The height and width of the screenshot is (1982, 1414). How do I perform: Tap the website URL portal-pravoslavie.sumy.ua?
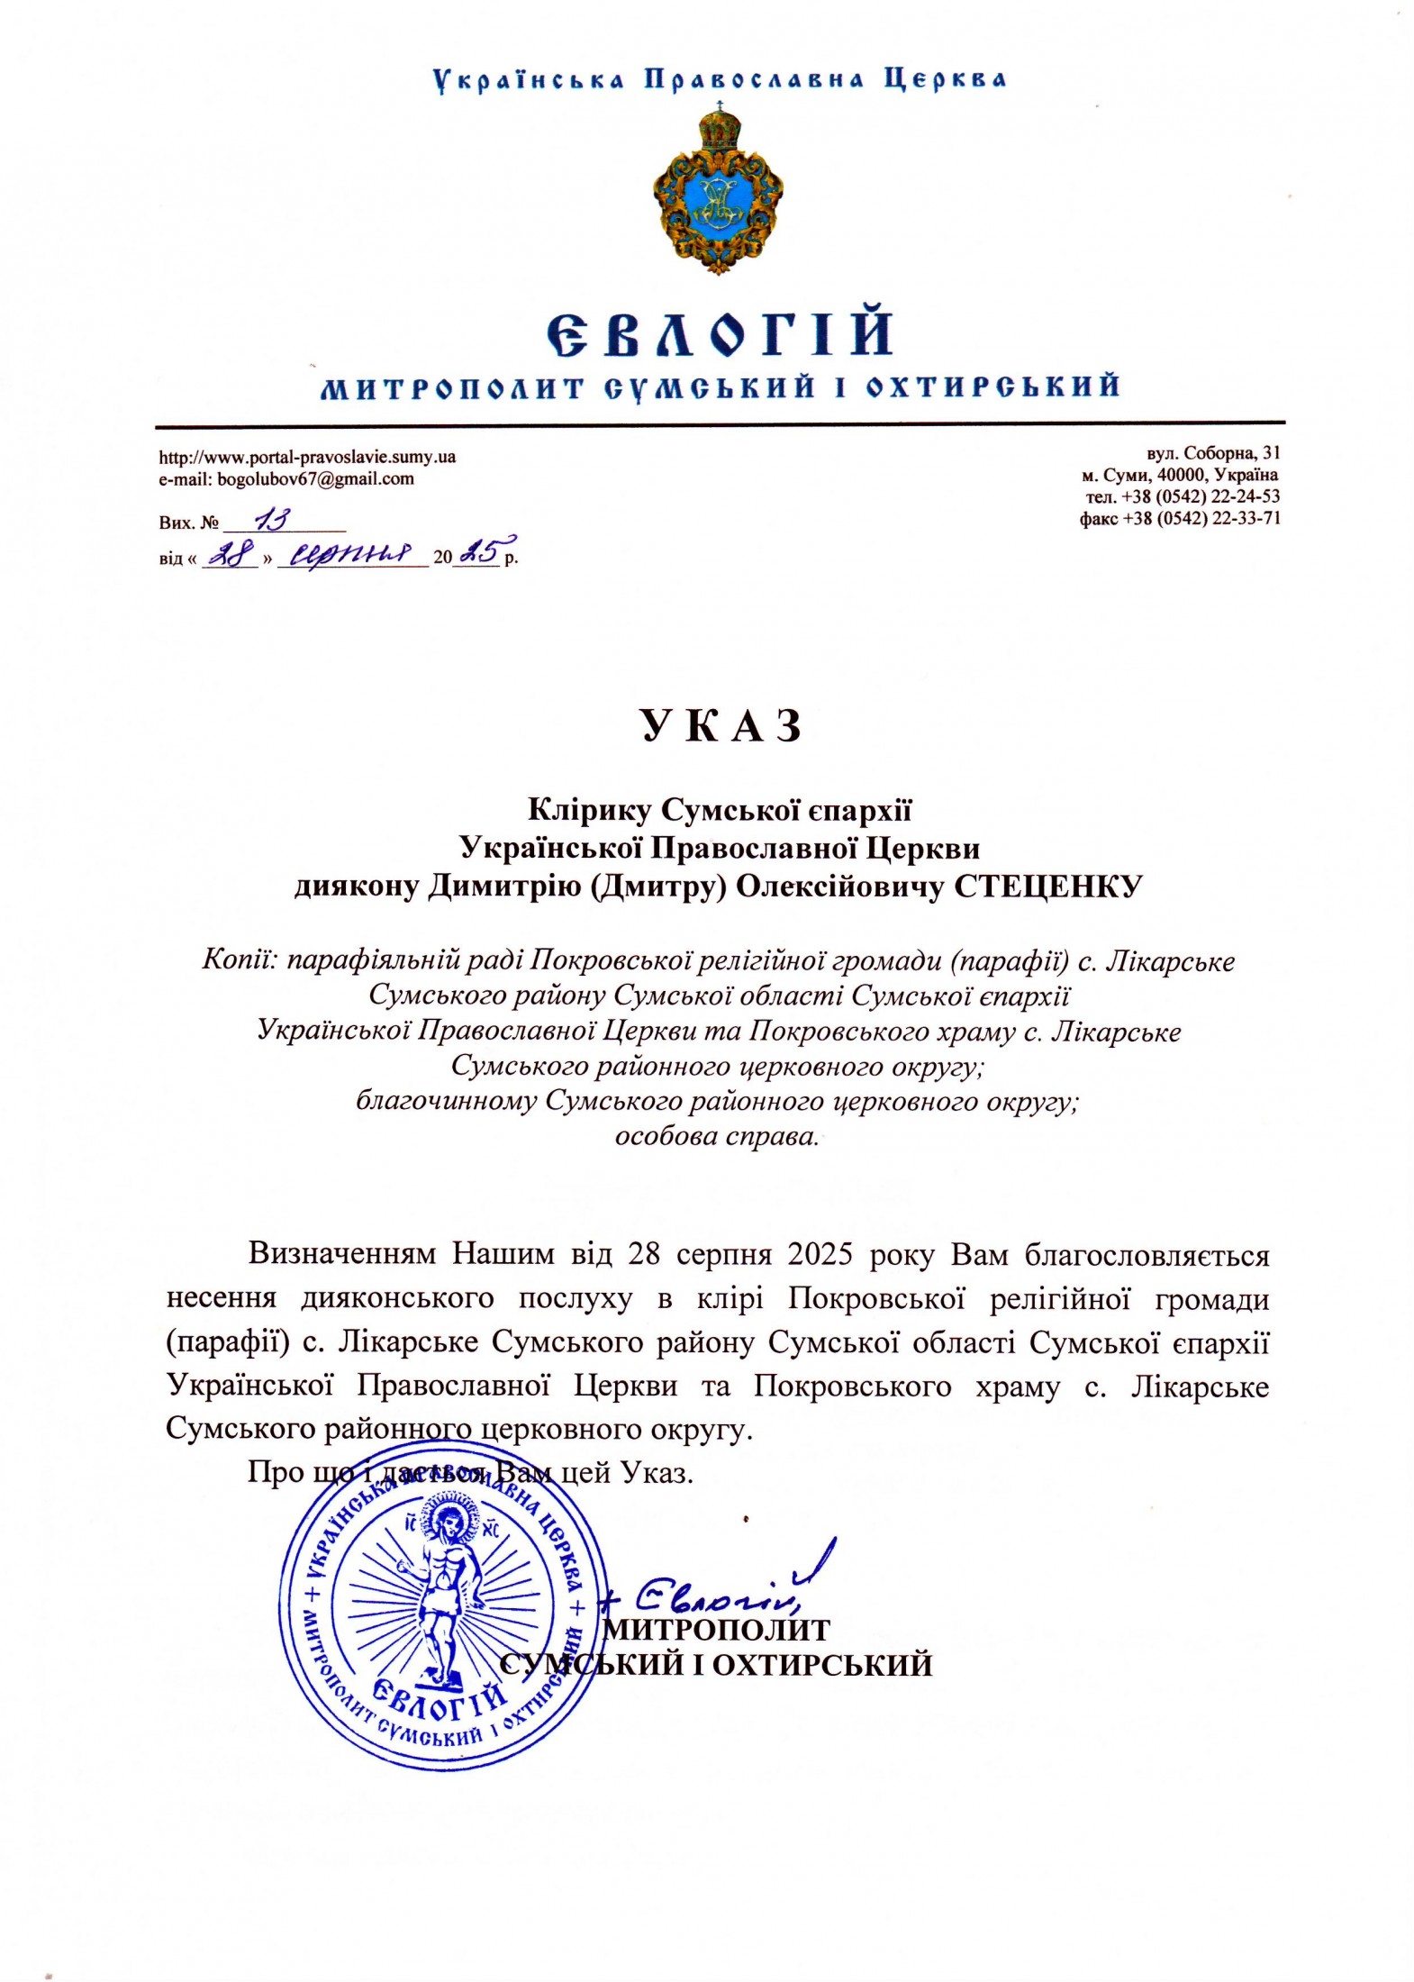[307, 457]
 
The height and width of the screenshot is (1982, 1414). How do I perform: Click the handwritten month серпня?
[350, 552]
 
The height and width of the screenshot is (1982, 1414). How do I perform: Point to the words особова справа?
[717, 1137]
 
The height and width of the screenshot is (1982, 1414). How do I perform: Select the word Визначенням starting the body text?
[343, 1255]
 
